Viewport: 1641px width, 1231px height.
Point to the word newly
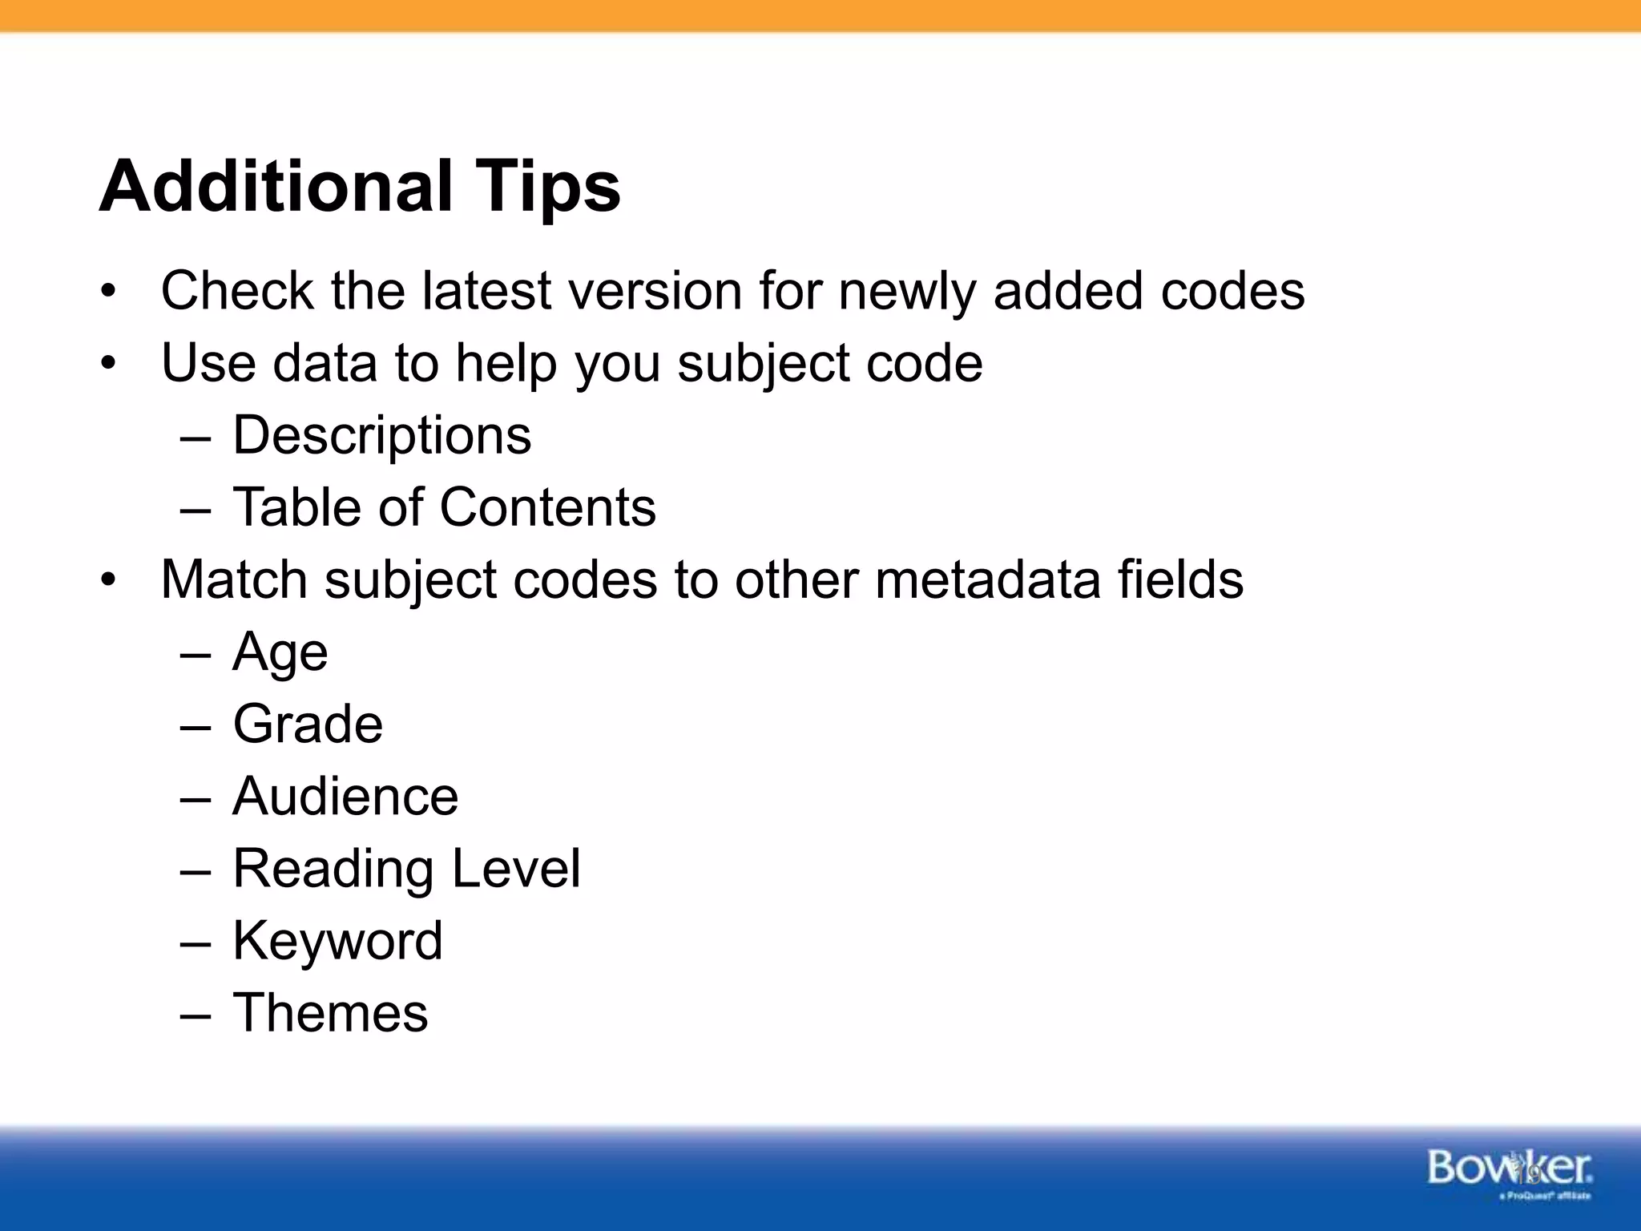[x=906, y=292]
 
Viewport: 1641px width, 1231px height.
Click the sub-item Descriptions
[x=381, y=436]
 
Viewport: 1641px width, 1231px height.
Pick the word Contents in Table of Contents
[x=547, y=507]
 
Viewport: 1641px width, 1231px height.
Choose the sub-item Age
[x=280, y=652]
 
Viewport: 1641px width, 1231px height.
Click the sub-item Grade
[x=308, y=724]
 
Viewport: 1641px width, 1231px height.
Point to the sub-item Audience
[x=345, y=796]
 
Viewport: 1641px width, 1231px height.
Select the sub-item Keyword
[x=337, y=941]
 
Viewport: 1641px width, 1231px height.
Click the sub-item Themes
[x=330, y=1012]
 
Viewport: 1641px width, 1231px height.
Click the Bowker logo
[x=1509, y=1171]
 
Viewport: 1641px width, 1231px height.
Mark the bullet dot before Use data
[x=108, y=364]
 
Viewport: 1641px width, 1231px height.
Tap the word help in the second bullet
[x=506, y=364]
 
